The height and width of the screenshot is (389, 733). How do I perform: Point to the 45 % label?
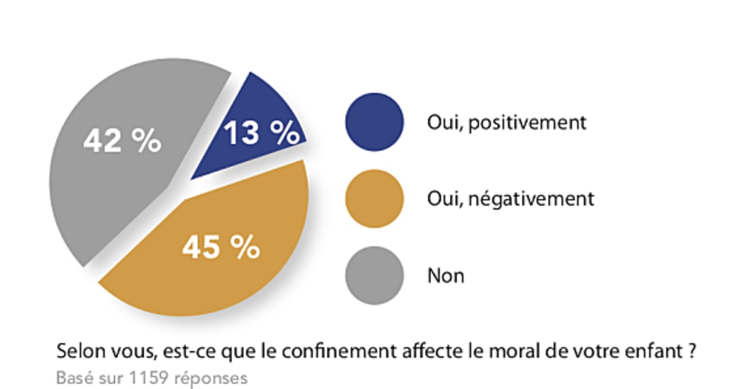coord(221,247)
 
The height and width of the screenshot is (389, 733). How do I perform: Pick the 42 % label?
coord(122,140)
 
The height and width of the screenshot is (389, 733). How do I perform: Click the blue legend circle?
coord(374,122)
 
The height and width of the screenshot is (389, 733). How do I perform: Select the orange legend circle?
coord(374,199)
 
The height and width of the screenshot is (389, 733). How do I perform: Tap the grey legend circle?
coord(374,276)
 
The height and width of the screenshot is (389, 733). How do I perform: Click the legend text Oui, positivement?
coord(507,123)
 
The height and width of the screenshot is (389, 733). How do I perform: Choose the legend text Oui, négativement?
coord(511,199)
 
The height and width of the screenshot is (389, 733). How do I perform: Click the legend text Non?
coord(446,276)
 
